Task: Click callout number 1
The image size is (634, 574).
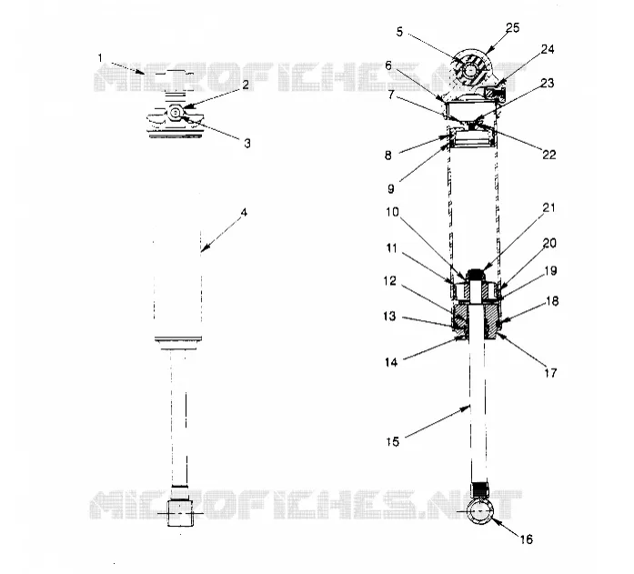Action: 100,58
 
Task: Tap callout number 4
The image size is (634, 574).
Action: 244,212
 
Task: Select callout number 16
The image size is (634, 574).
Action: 527,539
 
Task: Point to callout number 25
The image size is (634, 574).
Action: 512,28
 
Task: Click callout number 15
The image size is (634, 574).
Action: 393,442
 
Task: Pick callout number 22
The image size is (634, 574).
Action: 549,155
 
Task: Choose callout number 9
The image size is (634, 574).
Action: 391,189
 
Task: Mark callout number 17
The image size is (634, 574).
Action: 550,373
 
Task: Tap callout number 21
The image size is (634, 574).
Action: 548,207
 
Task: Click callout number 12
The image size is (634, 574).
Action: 390,281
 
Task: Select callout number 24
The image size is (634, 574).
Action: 548,49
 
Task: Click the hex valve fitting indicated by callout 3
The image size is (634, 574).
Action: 176,112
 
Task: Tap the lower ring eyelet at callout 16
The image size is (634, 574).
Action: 479,512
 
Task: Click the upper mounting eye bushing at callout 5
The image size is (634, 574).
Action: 470,70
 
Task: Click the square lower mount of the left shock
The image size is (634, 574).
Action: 180,513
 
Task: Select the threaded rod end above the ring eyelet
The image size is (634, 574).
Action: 480,489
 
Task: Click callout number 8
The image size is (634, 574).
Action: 388,156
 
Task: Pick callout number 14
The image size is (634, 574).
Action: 391,362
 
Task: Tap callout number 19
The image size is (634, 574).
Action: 550,271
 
